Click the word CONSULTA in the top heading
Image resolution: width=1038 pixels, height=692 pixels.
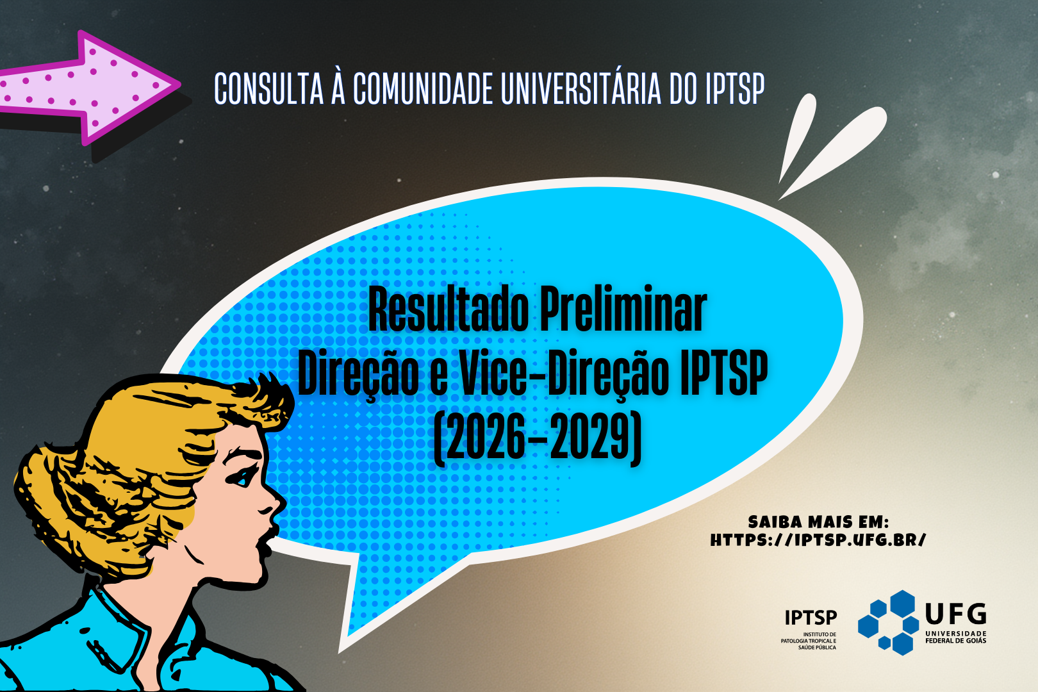[x=268, y=88]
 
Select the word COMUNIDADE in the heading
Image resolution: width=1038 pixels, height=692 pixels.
[x=423, y=88]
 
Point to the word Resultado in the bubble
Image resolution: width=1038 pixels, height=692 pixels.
[x=448, y=309]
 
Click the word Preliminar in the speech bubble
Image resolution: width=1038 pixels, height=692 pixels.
[x=623, y=308]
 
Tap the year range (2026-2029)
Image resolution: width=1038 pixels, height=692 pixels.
[x=538, y=438]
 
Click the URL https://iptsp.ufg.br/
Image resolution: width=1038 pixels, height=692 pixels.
[x=818, y=540]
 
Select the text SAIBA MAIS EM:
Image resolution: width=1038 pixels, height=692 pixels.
[x=818, y=522]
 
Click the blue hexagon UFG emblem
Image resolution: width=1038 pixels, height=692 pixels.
[x=888, y=622]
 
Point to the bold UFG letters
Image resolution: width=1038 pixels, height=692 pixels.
[x=955, y=614]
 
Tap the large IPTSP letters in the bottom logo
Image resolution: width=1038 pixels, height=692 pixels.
[x=811, y=618]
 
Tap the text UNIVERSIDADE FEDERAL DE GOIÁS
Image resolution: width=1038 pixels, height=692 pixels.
[x=955, y=637]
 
